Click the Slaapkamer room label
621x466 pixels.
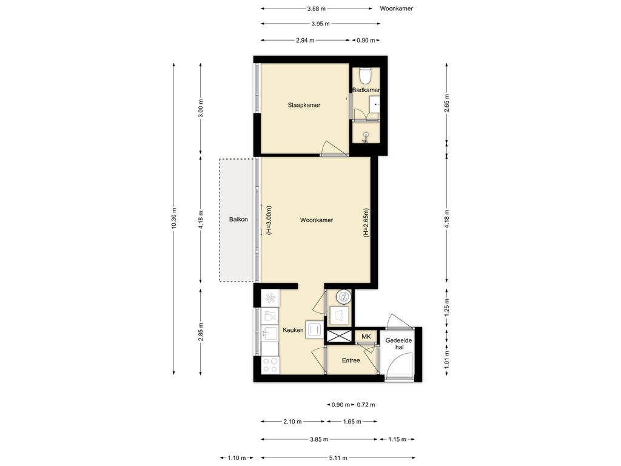click(x=304, y=105)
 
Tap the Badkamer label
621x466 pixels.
click(x=366, y=90)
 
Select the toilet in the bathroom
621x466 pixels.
click(x=364, y=76)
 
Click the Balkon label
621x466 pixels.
click(x=238, y=219)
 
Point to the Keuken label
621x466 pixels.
click(x=293, y=329)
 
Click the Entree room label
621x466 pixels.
click(x=351, y=360)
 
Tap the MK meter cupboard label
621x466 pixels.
click(x=366, y=336)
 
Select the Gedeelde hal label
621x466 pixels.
click(x=398, y=343)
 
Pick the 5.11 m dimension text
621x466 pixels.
click(x=338, y=458)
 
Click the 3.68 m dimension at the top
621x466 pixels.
click(x=317, y=8)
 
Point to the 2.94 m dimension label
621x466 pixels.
click(x=305, y=40)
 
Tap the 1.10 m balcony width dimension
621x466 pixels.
click(x=237, y=458)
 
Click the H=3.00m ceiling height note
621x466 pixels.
click(x=269, y=220)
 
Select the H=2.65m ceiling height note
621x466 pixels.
click(x=366, y=222)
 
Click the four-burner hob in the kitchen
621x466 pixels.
click(x=270, y=365)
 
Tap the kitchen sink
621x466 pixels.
click(x=270, y=333)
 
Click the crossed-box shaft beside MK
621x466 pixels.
click(x=338, y=336)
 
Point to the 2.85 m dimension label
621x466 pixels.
click(x=200, y=331)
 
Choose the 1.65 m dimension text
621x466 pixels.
click(x=352, y=422)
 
